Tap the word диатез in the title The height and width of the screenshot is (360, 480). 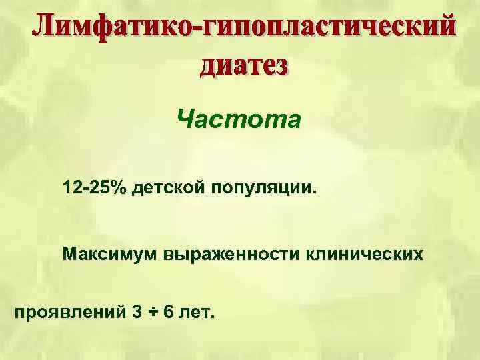pos(244,66)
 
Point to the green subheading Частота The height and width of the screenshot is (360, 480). pos(239,121)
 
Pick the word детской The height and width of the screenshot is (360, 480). pos(169,187)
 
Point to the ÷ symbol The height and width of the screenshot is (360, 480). pos(152,311)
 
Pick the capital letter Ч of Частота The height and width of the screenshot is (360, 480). pos(186,121)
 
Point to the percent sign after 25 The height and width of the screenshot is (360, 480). pos(118,187)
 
